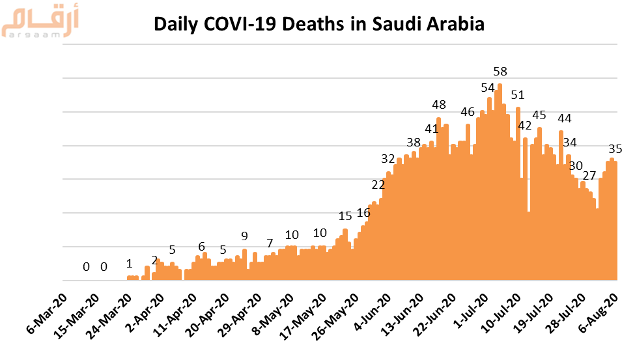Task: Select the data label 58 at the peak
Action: pyautogui.click(x=500, y=72)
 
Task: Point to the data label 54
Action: pyautogui.click(x=488, y=88)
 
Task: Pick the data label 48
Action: pyautogui.click(x=439, y=105)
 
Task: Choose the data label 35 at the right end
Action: pyautogui.click(x=615, y=149)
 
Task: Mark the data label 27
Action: pyautogui.click(x=589, y=176)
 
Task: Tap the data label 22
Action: pyautogui.click(x=378, y=185)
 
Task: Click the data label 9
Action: pyautogui.click(x=244, y=236)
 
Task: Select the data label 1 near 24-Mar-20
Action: pyautogui.click(x=129, y=264)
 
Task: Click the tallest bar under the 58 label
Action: pyautogui.click(x=500, y=182)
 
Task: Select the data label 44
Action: pyautogui.click(x=565, y=118)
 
